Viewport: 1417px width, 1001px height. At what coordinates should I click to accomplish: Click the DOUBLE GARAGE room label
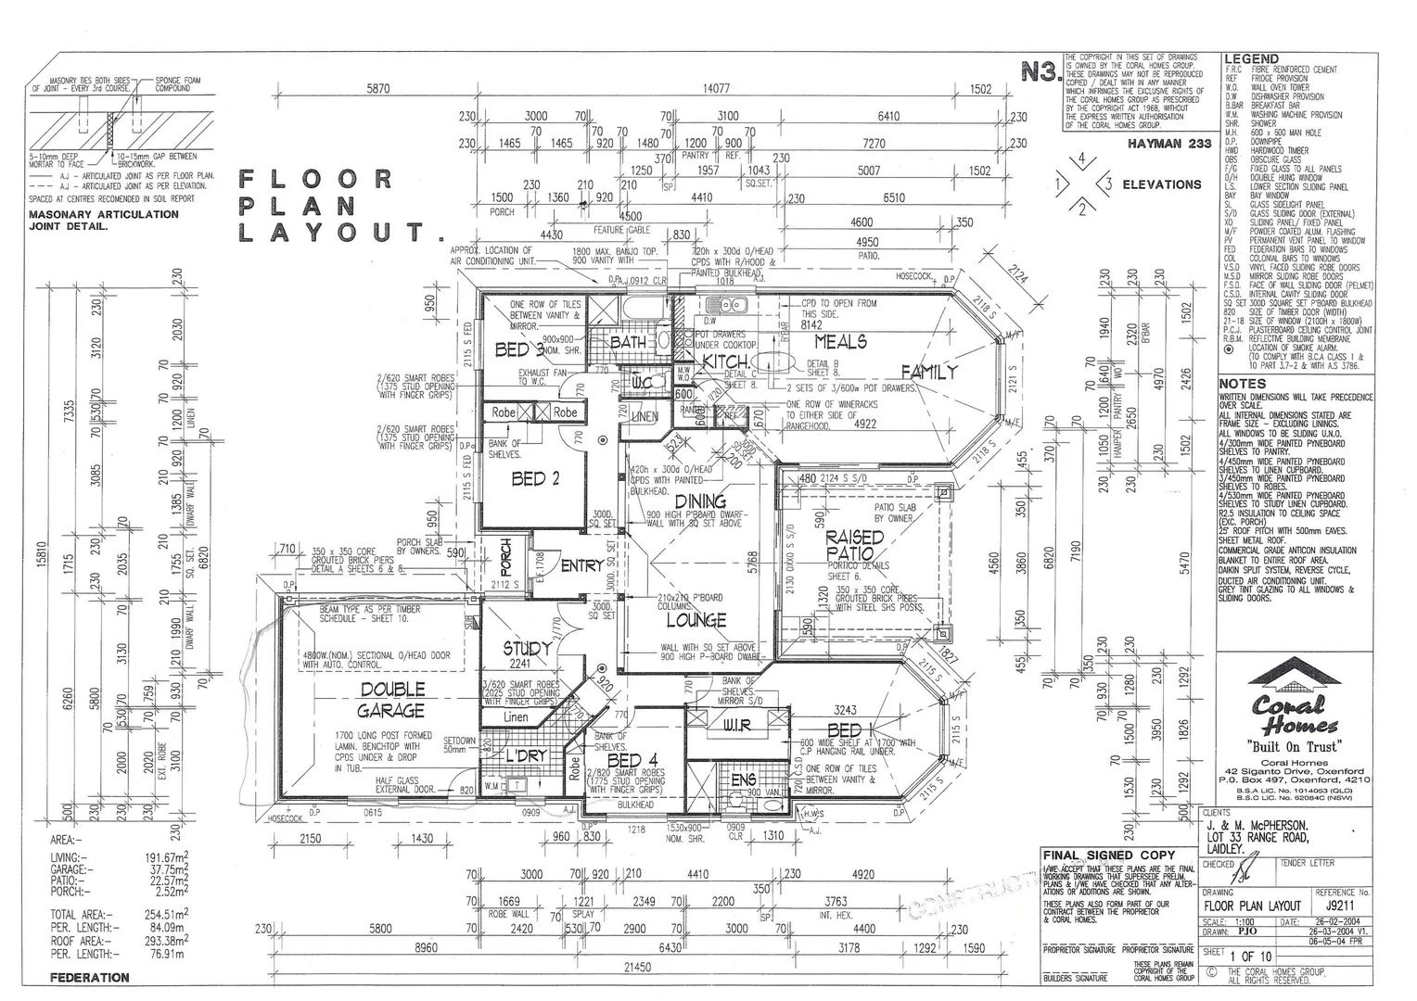(x=392, y=700)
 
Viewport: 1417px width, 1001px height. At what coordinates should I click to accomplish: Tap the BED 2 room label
(x=535, y=479)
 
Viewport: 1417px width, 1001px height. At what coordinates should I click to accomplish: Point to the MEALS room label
(x=840, y=342)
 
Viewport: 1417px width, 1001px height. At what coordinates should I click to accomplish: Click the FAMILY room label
(x=928, y=372)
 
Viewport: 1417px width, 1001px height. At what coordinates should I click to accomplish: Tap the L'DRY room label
(x=526, y=756)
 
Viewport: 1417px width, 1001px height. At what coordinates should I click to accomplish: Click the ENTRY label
(x=582, y=565)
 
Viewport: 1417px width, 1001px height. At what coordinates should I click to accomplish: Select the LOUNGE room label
(x=696, y=620)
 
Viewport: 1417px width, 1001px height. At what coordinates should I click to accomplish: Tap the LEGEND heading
(x=1252, y=59)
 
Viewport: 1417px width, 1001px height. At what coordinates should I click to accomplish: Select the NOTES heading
(x=1242, y=384)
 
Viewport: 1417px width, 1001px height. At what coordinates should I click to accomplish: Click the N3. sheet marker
(x=1040, y=72)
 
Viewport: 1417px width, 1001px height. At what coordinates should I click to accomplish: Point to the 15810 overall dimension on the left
(x=41, y=556)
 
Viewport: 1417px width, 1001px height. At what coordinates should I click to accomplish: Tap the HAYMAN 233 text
(x=1169, y=144)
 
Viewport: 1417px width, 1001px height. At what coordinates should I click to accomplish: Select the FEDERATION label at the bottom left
(x=89, y=977)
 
